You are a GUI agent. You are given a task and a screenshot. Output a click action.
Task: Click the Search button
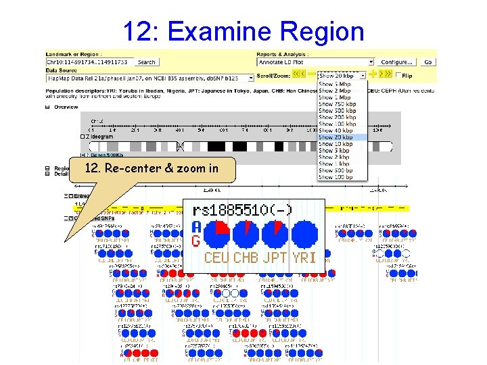pos(146,62)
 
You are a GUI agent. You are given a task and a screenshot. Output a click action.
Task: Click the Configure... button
pos(396,62)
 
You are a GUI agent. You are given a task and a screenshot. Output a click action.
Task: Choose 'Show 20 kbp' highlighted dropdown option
pos(335,137)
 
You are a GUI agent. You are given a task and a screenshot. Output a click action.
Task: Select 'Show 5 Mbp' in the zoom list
pos(335,84)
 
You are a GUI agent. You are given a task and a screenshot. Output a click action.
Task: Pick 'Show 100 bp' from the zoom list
pos(335,177)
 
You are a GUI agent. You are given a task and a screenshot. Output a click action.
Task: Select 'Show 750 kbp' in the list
pos(337,104)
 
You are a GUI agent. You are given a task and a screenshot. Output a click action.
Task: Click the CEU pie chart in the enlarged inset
pos(216,235)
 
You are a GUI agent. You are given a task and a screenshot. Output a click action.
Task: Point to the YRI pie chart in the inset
pos(304,235)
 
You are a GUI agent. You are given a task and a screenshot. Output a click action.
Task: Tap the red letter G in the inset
pos(195,241)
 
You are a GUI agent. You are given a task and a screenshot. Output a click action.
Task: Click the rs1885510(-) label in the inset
pos(241,210)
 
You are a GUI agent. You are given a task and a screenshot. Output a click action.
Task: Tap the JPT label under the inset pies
pos(275,258)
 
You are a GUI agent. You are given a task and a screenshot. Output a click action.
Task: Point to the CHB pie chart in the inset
pos(246,235)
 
